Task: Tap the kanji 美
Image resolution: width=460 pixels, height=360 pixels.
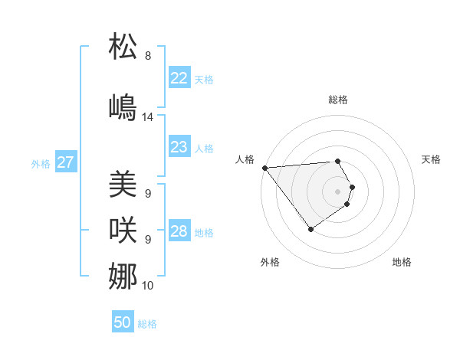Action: tap(123, 185)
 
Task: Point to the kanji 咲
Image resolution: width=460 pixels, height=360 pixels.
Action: tap(123, 229)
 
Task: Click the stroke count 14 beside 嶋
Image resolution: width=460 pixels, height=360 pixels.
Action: tap(148, 117)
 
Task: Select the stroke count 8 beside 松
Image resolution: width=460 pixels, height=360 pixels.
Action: tap(148, 56)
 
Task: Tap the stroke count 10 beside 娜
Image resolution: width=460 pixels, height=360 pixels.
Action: tap(148, 286)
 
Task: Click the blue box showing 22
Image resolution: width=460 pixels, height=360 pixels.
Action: tap(179, 78)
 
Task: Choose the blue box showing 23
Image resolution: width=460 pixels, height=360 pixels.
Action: tap(179, 147)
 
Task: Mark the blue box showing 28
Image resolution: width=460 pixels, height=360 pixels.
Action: tap(179, 231)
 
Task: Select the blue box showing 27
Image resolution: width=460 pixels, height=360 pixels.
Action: tap(65, 162)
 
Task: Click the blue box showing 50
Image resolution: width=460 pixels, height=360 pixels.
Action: tap(123, 322)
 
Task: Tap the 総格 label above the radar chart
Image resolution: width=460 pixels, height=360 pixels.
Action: tap(338, 100)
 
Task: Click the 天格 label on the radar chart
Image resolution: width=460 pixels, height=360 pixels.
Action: tap(431, 159)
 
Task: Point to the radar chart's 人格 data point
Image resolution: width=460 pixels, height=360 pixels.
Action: tap(264, 168)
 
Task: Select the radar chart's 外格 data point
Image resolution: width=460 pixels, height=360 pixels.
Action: tap(310, 229)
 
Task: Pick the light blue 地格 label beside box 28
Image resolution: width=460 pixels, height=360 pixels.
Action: tap(204, 233)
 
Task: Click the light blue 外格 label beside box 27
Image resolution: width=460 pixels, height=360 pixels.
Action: tap(41, 164)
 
